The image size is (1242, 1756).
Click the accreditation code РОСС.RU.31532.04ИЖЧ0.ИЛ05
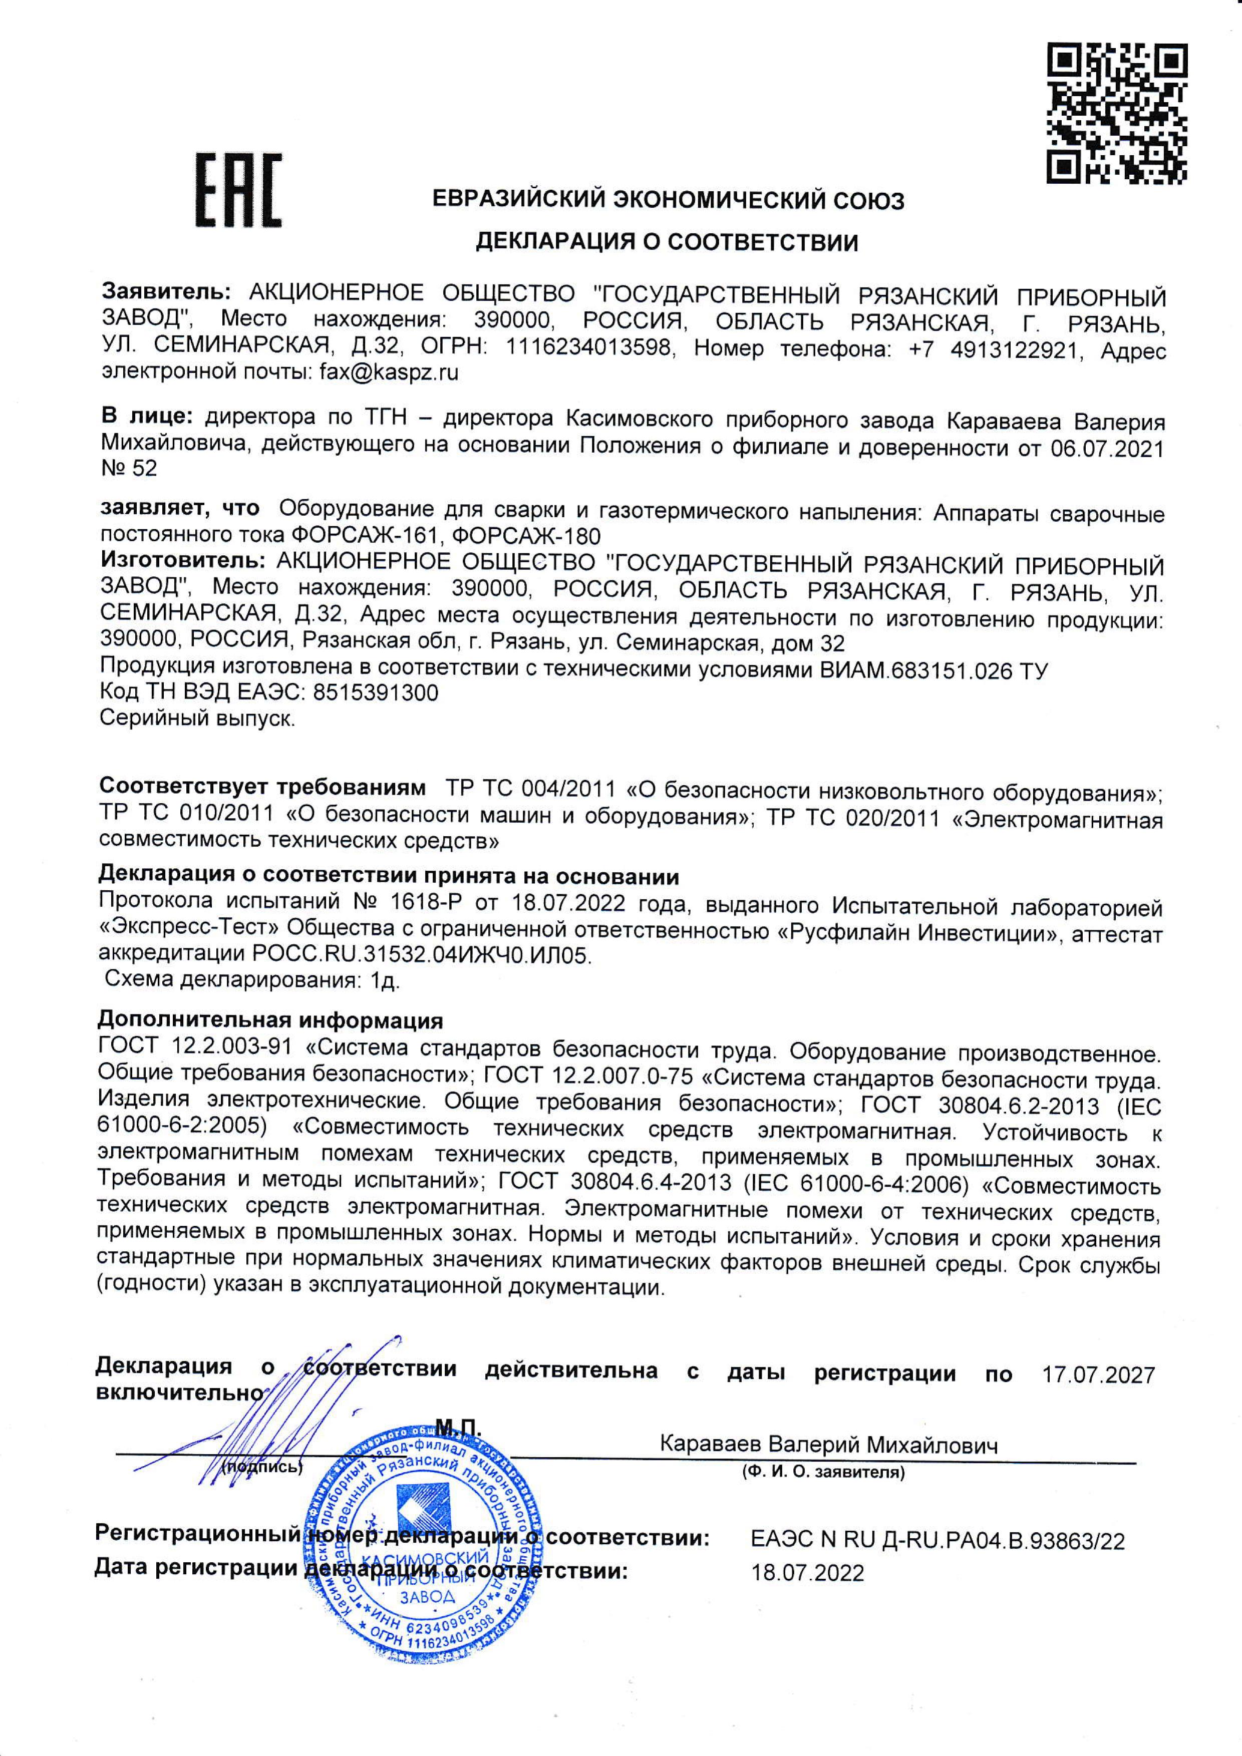point(421,955)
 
